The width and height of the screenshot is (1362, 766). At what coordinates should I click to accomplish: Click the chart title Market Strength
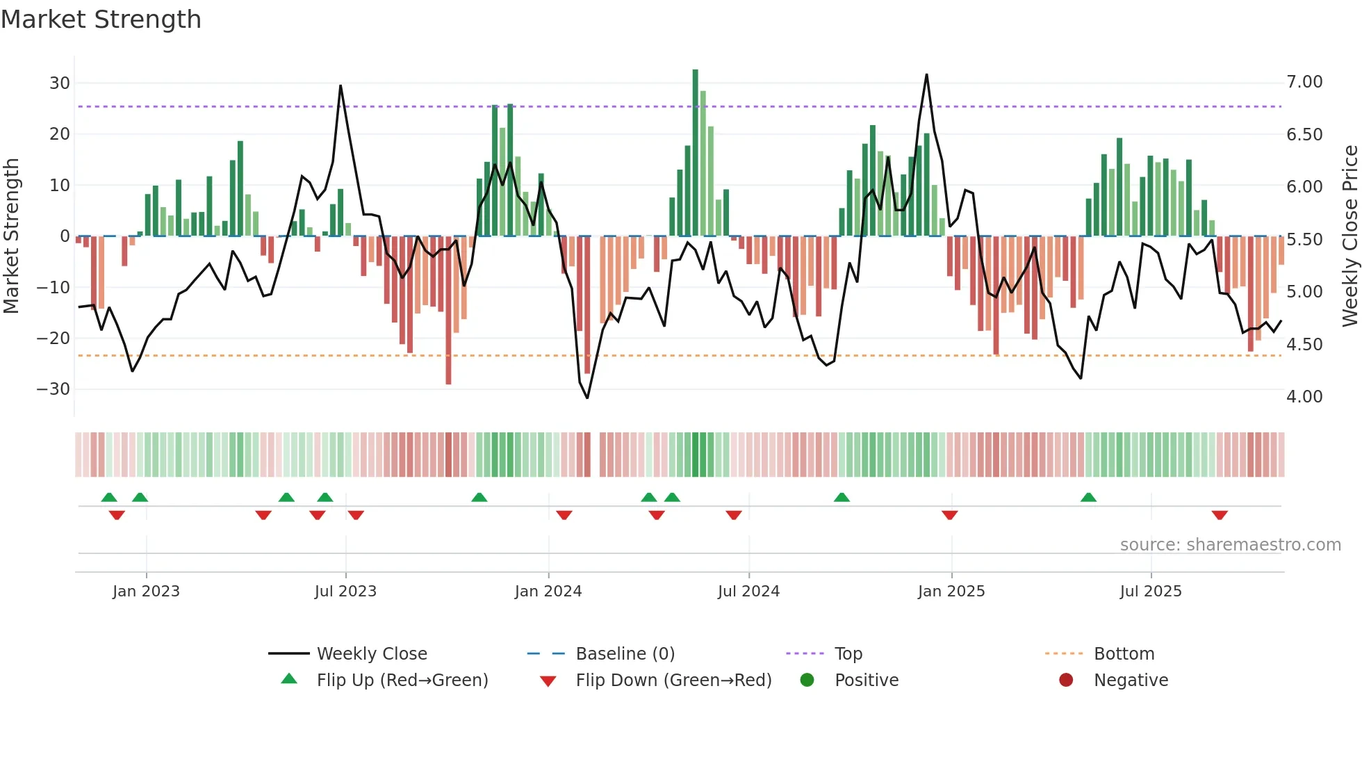pyautogui.click(x=101, y=19)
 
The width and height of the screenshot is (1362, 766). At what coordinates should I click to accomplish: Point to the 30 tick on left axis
pyautogui.click(x=60, y=83)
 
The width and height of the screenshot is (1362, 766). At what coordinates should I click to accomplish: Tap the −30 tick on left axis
pyautogui.click(x=54, y=389)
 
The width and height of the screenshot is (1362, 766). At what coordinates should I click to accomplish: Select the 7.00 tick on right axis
pyautogui.click(x=1304, y=82)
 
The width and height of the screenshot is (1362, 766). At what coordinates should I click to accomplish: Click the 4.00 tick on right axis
pyautogui.click(x=1304, y=397)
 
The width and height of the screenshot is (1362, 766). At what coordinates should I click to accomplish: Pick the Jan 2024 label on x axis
pyautogui.click(x=548, y=592)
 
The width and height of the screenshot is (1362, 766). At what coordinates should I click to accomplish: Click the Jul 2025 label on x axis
pyautogui.click(x=1151, y=592)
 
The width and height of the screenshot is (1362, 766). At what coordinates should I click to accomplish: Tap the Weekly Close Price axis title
pyautogui.click(x=1349, y=236)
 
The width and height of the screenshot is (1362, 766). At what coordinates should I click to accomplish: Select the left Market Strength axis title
pyautogui.click(x=11, y=236)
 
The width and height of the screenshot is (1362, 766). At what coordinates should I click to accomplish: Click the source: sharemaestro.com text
pyautogui.click(x=1230, y=545)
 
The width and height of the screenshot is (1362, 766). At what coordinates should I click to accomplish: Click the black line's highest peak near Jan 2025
pyautogui.click(x=926, y=75)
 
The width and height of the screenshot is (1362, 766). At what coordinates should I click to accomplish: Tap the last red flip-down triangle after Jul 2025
pyautogui.click(x=1220, y=515)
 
